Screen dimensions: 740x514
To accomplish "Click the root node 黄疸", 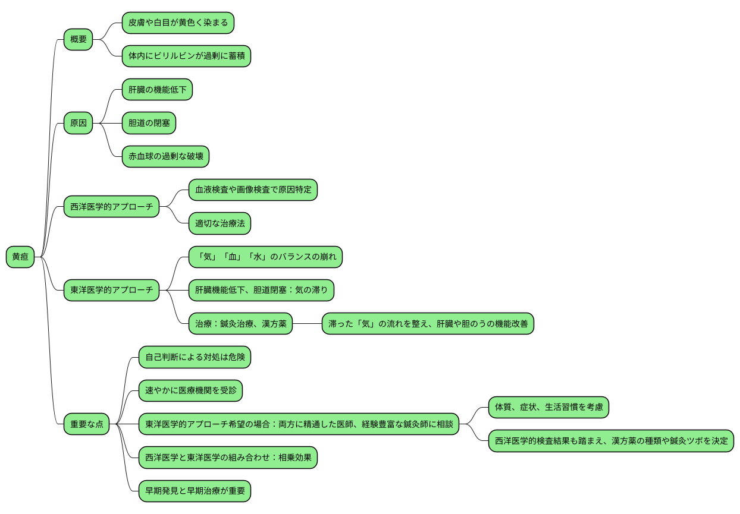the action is [20, 257].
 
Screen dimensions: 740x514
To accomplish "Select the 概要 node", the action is [79, 40].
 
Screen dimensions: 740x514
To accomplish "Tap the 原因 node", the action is [79, 123].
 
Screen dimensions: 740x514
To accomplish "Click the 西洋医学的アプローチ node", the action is [111, 207].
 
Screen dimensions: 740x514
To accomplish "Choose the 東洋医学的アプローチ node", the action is [111, 291].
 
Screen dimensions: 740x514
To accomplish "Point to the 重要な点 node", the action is [87, 424].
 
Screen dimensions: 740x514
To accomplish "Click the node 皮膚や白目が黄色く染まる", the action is [178, 23].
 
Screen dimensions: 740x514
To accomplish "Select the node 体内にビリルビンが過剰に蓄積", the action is [186, 56].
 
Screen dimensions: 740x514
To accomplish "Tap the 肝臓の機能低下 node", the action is [157, 89].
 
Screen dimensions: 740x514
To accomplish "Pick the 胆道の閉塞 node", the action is [149, 123].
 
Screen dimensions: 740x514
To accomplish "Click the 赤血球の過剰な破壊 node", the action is [165, 156].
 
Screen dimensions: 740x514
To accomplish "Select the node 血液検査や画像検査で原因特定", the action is [253, 190].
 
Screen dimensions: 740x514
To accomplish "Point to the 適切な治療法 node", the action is [220, 223].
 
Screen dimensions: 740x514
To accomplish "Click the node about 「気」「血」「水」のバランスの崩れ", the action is [266, 257].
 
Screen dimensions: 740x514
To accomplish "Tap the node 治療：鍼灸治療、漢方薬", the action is [240, 324].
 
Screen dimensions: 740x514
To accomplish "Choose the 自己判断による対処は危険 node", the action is [195, 357].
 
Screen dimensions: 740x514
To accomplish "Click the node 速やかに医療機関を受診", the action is [190, 390].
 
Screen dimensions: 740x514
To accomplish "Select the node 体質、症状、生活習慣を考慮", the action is [548, 407].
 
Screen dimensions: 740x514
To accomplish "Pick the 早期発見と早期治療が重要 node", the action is [195, 491].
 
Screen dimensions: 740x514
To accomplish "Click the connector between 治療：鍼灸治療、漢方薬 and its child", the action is [307, 324].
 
